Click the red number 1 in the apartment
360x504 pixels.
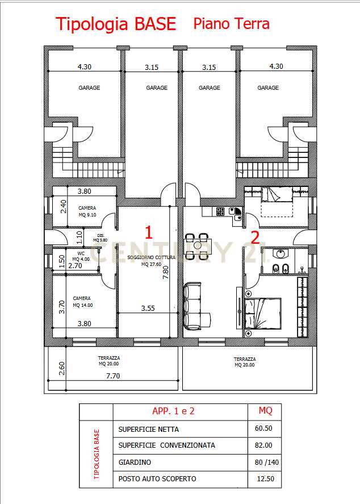[148, 232]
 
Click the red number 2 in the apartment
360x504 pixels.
[256, 238]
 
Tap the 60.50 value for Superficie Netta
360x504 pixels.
[263, 428]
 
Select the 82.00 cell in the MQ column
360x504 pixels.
[263, 445]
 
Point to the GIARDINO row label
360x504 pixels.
[135, 462]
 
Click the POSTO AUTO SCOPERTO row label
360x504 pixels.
[157, 479]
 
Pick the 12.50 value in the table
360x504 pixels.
[266, 479]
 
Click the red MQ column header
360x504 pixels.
[265, 410]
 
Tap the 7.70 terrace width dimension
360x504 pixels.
[113, 376]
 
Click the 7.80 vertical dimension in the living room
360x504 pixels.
[166, 272]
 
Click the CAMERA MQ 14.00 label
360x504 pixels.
[82, 302]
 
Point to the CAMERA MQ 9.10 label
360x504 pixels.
[87, 211]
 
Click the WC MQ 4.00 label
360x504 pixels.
[81, 256]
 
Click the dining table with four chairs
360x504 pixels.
[198, 247]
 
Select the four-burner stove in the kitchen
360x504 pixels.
[220, 211]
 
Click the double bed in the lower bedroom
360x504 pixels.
[263, 314]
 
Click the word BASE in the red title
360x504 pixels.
[155, 24]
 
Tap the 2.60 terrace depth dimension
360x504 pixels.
[62, 368]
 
